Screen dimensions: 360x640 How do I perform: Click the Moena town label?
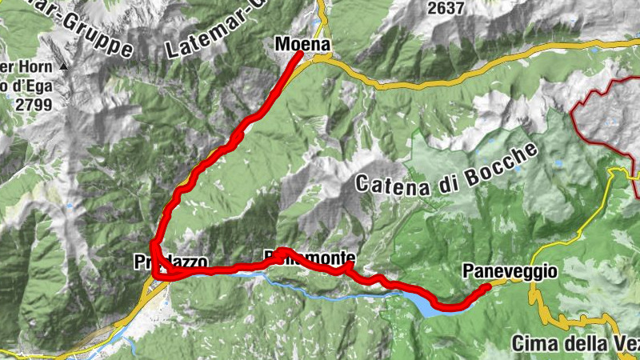coord(302,45)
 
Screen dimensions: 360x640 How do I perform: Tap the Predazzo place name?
coord(171,262)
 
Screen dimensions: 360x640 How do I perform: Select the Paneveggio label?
coord(509,272)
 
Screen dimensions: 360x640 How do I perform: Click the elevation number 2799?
coord(26,102)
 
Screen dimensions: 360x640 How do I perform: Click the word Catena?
coord(390,184)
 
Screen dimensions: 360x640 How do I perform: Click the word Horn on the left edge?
coord(27,67)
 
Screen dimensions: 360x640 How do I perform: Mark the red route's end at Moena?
coord(299,55)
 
